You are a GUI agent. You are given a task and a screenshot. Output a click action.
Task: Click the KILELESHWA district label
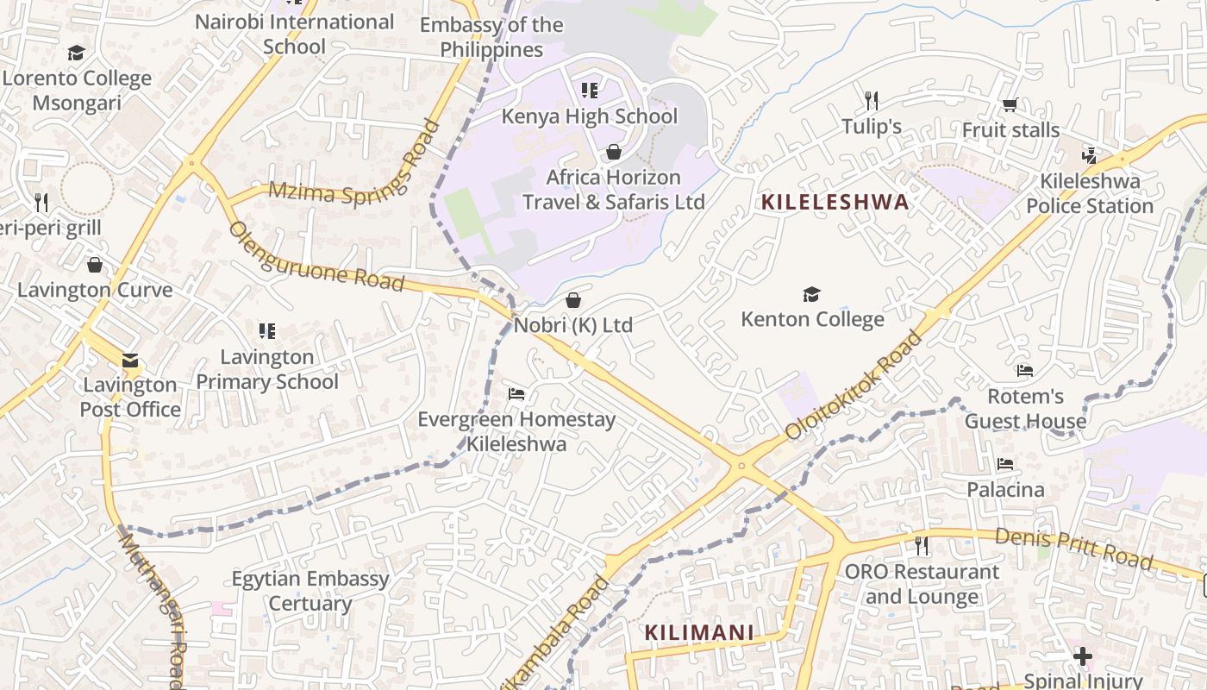(x=835, y=203)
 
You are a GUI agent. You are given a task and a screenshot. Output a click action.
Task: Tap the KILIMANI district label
(x=699, y=633)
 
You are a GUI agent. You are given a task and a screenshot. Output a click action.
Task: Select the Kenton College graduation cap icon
(x=811, y=295)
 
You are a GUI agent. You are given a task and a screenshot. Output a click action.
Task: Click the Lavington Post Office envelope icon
(x=130, y=361)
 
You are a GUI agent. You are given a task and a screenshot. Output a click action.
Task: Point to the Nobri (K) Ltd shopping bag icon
(x=572, y=300)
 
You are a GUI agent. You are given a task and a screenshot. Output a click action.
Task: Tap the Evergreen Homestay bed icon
(x=516, y=395)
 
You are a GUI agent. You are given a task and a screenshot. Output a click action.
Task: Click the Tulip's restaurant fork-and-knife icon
(x=872, y=101)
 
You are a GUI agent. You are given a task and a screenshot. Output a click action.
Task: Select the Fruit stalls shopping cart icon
(x=1010, y=105)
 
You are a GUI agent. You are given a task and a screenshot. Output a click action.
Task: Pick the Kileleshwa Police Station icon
(x=1090, y=156)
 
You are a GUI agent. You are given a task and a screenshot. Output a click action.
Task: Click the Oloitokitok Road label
(x=854, y=386)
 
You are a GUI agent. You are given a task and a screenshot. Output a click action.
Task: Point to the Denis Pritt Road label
(x=1073, y=549)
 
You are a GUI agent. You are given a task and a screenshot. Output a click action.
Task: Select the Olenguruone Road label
(x=316, y=256)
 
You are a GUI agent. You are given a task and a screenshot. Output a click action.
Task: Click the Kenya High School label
(x=590, y=116)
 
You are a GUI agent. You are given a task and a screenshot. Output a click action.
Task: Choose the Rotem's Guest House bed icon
(x=1025, y=371)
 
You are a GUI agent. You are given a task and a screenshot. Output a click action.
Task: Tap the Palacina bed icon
(x=1005, y=464)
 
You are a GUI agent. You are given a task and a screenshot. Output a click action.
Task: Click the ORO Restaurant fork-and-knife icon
(x=922, y=545)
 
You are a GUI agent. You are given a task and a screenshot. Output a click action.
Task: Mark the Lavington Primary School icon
(x=267, y=331)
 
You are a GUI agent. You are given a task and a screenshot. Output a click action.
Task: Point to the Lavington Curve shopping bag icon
(x=95, y=265)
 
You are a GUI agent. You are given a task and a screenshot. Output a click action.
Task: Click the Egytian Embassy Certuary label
(x=310, y=591)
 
